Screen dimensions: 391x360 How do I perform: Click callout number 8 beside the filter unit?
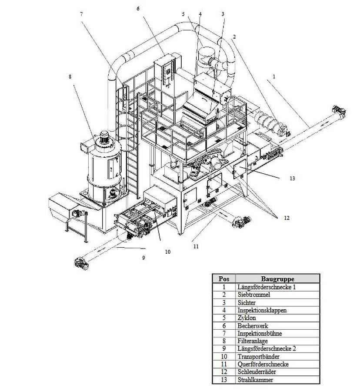[x=70, y=77]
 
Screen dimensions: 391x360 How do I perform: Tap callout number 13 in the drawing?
[x=292, y=178]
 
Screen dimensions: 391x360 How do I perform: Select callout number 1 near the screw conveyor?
[x=274, y=76]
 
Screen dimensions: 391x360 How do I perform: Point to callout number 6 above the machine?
[x=138, y=9]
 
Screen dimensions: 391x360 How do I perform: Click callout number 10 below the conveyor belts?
[x=167, y=252]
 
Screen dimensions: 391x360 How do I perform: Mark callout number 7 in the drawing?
[x=81, y=14]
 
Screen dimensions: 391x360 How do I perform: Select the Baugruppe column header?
[x=277, y=279]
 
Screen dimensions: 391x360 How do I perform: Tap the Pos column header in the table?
[x=224, y=279]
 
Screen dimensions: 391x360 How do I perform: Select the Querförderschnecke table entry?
[x=263, y=364]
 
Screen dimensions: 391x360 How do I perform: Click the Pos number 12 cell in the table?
[x=224, y=372]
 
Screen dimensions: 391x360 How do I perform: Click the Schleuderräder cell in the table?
[x=257, y=372]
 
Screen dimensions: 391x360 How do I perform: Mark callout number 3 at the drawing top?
[x=223, y=14]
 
